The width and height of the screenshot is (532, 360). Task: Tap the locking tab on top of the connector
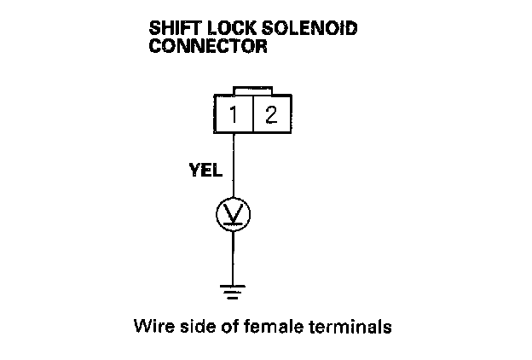tap(253, 90)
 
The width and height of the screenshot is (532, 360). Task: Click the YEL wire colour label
tap(205, 170)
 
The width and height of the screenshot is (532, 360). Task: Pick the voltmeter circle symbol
tap(234, 213)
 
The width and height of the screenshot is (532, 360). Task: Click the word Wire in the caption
tap(150, 326)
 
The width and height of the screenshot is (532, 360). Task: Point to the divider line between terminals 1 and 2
tap(253, 113)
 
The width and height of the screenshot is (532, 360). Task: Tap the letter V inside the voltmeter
tap(234, 213)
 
